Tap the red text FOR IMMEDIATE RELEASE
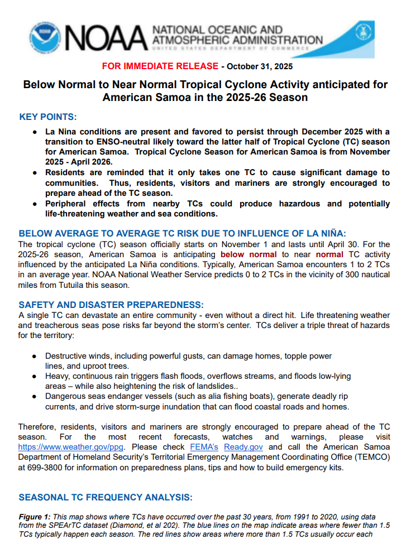tap(160, 66)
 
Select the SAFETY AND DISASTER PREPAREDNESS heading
tap(111, 305)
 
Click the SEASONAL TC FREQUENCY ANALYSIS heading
tap(106, 497)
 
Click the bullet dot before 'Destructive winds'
tap(35, 356)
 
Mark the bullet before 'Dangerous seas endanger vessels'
tap(35, 397)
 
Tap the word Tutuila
tap(102, 285)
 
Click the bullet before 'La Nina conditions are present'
tap(35, 132)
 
